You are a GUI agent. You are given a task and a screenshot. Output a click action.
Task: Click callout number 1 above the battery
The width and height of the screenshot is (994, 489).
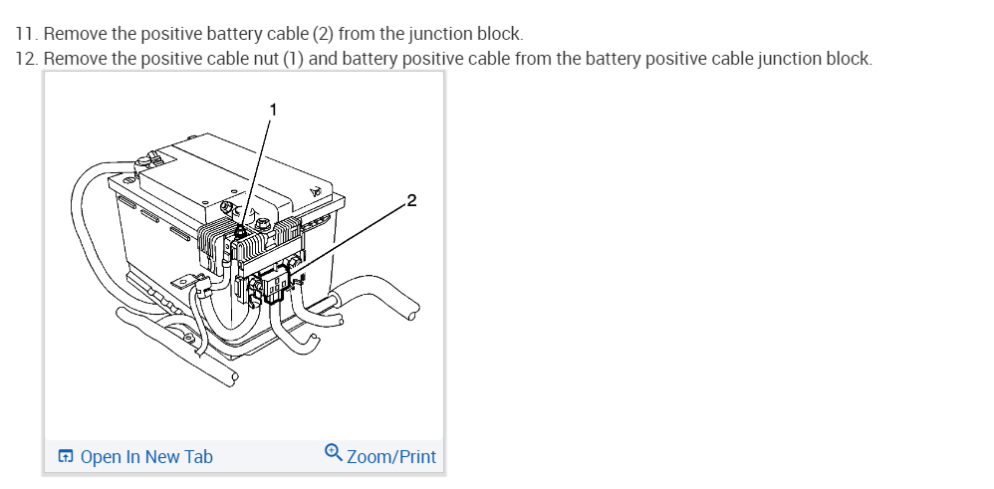pos(275,107)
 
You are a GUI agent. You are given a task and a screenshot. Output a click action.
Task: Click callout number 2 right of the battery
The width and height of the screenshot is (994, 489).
pos(412,202)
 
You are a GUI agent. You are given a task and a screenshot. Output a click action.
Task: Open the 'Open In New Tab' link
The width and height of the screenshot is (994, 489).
pos(145,456)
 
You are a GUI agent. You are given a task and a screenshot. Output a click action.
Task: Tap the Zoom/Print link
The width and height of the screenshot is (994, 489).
pos(391,456)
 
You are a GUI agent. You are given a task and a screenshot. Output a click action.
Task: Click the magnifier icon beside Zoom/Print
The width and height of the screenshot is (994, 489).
pos(334,453)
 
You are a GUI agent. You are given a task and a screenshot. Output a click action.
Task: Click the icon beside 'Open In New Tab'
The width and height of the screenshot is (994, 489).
pos(66,457)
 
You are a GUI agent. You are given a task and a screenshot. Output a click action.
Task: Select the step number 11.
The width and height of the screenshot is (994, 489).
pos(26,34)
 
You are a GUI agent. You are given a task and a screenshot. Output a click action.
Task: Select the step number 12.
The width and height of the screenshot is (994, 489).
pos(27,58)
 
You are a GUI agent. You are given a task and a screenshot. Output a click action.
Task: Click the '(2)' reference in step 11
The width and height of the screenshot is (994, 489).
pos(323,34)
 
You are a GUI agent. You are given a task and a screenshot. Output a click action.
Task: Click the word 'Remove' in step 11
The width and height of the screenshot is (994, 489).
pos(76,34)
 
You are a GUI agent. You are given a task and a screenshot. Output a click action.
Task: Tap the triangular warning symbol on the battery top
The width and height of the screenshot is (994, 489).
pos(315,189)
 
